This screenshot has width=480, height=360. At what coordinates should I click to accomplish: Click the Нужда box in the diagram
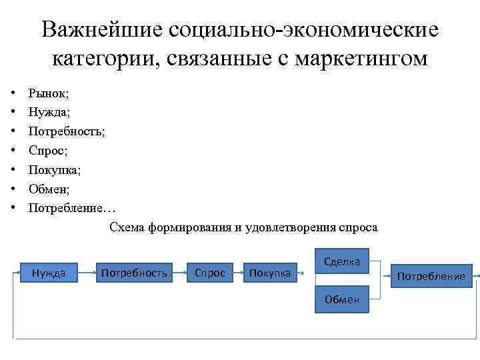(x=49, y=272)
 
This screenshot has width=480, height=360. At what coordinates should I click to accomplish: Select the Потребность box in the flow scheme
(x=133, y=272)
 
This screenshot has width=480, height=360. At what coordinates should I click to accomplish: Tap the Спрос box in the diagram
(x=209, y=272)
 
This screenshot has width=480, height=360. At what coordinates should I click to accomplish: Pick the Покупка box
(x=269, y=272)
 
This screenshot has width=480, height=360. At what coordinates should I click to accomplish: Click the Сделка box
(x=341, y=261)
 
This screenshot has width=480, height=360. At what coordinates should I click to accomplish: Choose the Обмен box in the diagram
(x=341, y=299)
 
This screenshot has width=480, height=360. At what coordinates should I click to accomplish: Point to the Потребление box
(x=431, y=275)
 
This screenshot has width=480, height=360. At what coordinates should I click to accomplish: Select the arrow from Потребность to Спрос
(x=180, y=272)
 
